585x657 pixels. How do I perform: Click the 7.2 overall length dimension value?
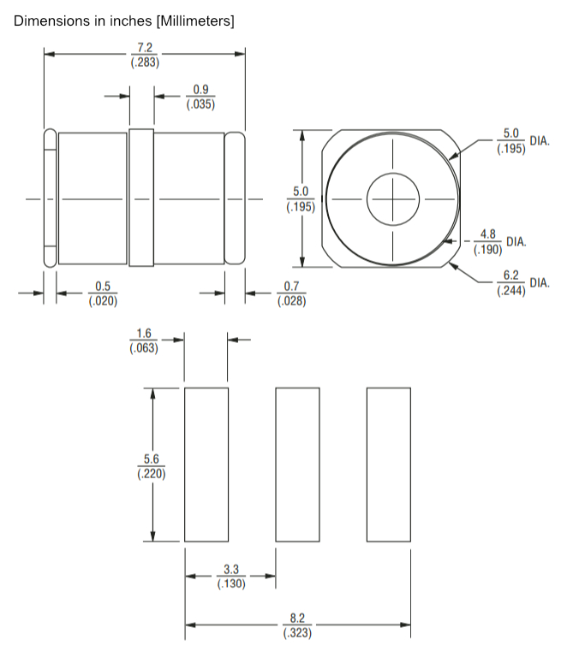click(145, 47)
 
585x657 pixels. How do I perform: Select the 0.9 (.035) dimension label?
click(200, 97)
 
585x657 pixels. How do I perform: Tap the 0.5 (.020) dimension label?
click(103, 293)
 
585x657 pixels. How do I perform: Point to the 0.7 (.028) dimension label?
click(292, 293)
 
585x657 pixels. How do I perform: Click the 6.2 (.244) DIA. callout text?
click(522, 283)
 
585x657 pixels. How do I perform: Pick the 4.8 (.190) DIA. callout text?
click(499, 242)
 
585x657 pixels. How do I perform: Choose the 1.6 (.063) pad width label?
click(144, 340)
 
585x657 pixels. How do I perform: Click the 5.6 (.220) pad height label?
click(152, 466)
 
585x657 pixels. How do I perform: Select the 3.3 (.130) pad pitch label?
click(231, 577)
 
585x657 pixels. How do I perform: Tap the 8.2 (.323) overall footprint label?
click(297, 625)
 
